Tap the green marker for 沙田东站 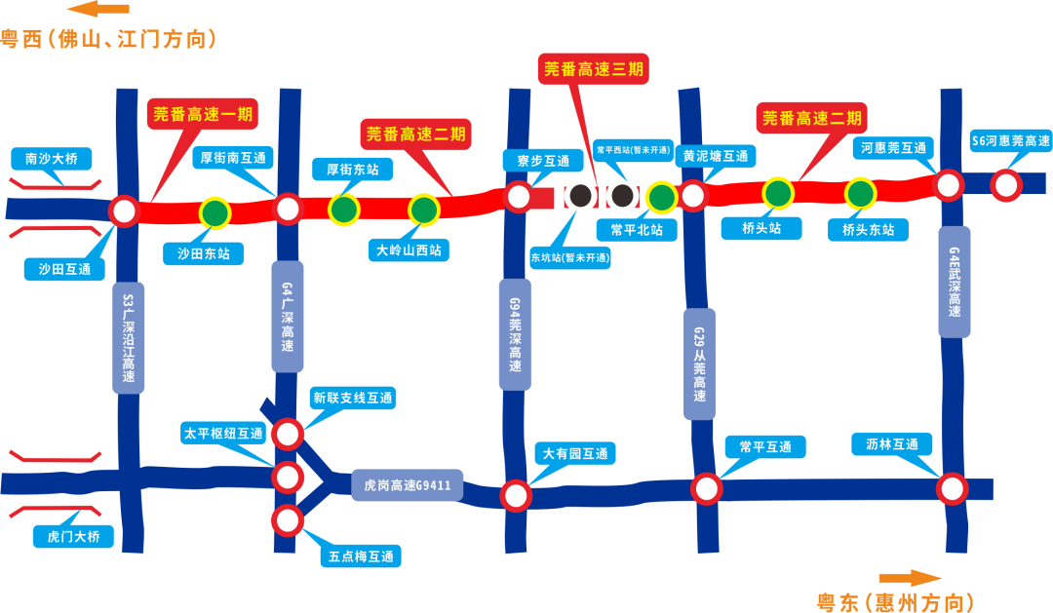click(214, 212)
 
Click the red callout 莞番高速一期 click(203, 114)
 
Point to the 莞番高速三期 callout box click(593, 69)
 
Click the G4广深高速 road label click(288, 316)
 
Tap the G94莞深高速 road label click(515, 333)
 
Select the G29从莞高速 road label click(699, 364)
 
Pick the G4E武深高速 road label click(955, 282)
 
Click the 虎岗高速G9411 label click(408, 484)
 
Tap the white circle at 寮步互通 click(519, 198)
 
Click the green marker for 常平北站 click(661, 198)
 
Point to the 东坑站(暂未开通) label click(570, 258)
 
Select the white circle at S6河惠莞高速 click(1005, 184)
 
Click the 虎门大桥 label click(73, 536)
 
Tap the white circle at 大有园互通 click(516, 495)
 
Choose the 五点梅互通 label click(361, 556)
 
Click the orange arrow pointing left click(97, 10)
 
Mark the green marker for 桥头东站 click(860, 194)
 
